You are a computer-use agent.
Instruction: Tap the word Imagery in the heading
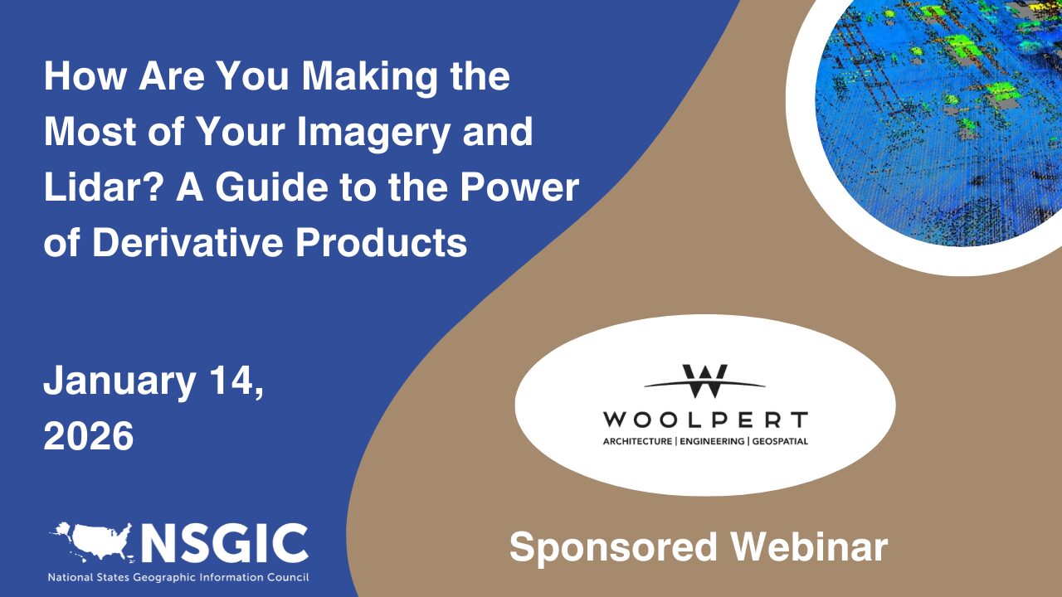373,133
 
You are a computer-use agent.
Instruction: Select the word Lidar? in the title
101,187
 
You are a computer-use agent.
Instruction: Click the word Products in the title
382,243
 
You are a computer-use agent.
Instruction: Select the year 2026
89,435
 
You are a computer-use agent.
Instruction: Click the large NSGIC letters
225,543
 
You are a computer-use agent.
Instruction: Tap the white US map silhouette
91,542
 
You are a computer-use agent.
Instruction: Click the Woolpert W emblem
704,381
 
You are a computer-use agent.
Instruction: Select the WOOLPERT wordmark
705,420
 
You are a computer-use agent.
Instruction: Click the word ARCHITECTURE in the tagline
637,442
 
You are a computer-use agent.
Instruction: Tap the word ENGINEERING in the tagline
712,442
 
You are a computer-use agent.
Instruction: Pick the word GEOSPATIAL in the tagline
780,442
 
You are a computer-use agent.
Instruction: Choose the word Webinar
809,546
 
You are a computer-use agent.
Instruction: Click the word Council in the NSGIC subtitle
292,578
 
